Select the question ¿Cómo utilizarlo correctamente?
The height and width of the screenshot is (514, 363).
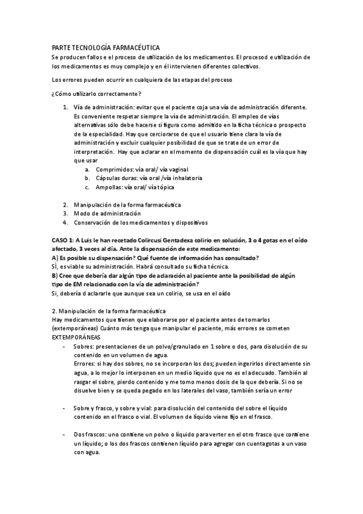(x=96, y=93)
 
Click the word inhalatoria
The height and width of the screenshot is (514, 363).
(x=184, y=178)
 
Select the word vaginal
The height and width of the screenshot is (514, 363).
(x=175, y=170)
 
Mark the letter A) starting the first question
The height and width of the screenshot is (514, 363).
(x=55, y=258)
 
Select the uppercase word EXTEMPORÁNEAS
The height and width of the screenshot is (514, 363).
(x=76, y=336)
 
